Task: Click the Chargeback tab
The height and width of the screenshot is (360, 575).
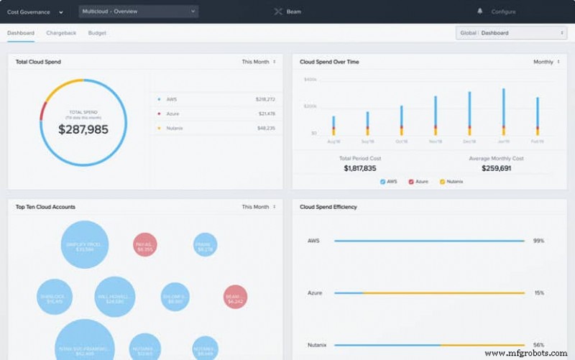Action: (x=61, y=33)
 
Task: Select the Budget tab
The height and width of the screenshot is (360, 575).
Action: (x=97, y=33)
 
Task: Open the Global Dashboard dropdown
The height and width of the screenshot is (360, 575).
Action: (x=511, y=33)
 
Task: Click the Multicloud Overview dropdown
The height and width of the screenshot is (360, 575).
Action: (x=138, y=11)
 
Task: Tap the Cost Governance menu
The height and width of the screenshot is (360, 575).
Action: (x=34, y=11)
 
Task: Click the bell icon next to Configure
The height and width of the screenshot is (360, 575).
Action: (x=480, y=11)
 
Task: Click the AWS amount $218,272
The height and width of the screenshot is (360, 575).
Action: (x=265, y=99)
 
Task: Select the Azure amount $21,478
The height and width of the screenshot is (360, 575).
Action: (x=266, y=114)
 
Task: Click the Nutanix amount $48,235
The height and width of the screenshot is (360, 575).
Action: (x=266, y=128)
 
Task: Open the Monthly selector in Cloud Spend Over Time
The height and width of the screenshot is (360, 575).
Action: (x=546, y=62)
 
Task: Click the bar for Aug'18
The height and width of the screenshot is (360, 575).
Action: (x=333, y=125)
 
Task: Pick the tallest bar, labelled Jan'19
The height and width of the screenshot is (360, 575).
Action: (x=503, y=111)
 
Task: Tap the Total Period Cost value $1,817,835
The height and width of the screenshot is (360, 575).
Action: (x=360, y=168)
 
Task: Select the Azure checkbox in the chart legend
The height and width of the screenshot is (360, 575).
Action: (x=411, y=182)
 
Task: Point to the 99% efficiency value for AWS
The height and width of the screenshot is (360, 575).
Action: (x=538, y=241)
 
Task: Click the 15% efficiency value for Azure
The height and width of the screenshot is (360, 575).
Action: (x=538, y=293)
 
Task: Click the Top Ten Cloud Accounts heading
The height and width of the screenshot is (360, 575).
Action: (x=45, y=207)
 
